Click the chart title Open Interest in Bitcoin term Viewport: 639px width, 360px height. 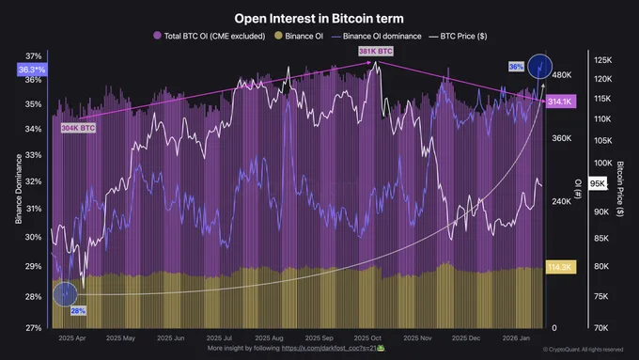(x=319, y=18)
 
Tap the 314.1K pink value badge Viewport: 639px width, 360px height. (x=560, y=101)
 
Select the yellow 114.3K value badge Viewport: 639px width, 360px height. (x=560, y=268)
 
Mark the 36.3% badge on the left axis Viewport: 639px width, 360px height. (x=30, y=70)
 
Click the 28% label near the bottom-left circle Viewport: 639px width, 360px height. (x=78, y=310)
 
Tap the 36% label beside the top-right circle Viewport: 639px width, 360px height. (x=516, y=67)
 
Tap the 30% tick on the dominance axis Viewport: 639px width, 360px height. (x=33, y=237)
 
